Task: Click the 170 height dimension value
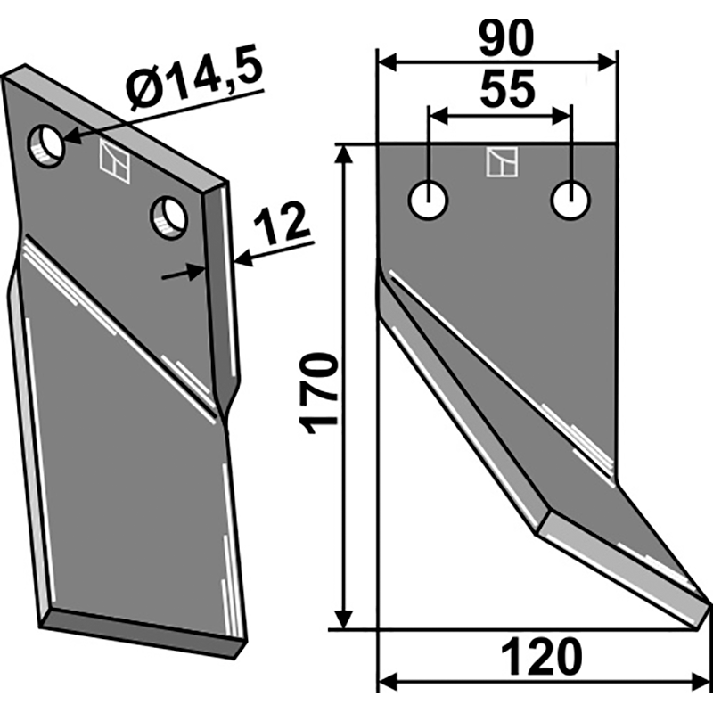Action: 320,393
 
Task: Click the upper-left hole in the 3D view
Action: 45,144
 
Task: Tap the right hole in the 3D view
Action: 168,216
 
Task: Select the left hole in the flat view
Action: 428,200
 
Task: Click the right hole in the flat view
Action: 570,200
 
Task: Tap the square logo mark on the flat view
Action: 499,162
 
